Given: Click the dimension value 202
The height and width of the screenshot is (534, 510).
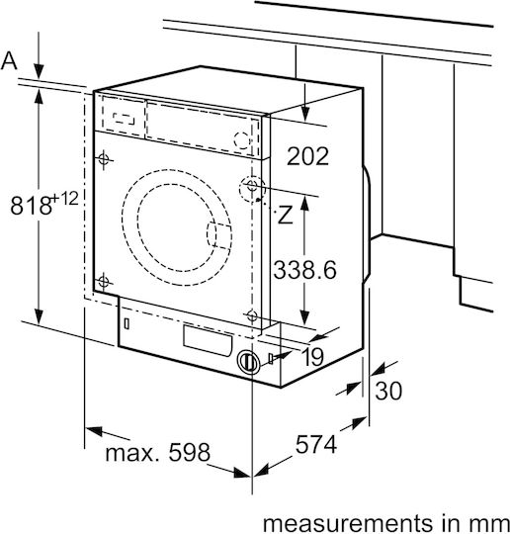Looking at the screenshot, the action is [x=307, y=156].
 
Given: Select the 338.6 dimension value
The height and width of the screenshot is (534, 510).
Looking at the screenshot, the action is [x=304, y=270].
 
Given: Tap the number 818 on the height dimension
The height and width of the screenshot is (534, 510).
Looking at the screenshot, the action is [x=31, y=206].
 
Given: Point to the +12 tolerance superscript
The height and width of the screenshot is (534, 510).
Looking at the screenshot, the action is [x=65, y=198].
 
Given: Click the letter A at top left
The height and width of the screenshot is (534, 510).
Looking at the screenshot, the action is [x=9, y=61].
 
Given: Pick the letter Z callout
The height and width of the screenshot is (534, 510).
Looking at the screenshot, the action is [x=286, y=215].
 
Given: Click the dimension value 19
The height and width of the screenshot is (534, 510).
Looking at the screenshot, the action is [x=312, y=357].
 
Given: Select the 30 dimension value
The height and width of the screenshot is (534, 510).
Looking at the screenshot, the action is [x=388, y=391].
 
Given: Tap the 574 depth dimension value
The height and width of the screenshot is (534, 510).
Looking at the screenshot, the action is [x=316, y=444].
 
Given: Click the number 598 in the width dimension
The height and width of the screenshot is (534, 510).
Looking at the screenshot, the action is [x=190, y=452].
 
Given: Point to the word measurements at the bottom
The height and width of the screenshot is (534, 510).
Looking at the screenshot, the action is [x=347, y=523].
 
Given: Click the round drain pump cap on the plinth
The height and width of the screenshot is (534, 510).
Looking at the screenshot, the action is [x=248, y=362].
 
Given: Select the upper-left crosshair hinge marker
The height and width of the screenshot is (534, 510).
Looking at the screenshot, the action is [x=104, y=158].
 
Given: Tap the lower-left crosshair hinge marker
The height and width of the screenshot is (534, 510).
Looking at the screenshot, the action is [x=103, y=282].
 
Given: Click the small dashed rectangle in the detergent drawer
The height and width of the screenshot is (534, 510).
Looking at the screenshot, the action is [x=124, y=119].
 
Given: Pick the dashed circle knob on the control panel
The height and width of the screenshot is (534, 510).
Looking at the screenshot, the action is [x=242, y=140].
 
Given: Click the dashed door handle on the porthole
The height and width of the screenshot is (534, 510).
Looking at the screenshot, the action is [x=218, y=234].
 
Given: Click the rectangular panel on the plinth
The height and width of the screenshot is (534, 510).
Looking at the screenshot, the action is [x=208, y=341].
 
